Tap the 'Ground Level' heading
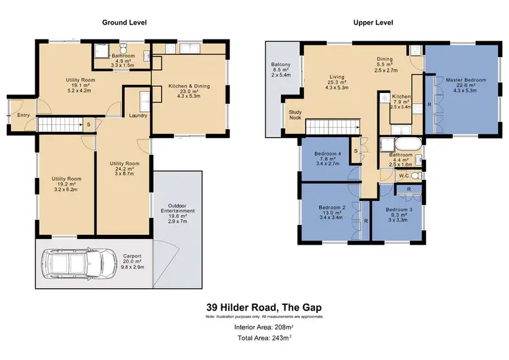[x=124, y=22]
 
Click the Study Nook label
[x=295, y=115]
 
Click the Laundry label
[x=138, y=115]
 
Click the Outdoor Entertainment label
[x=181, y=209]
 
